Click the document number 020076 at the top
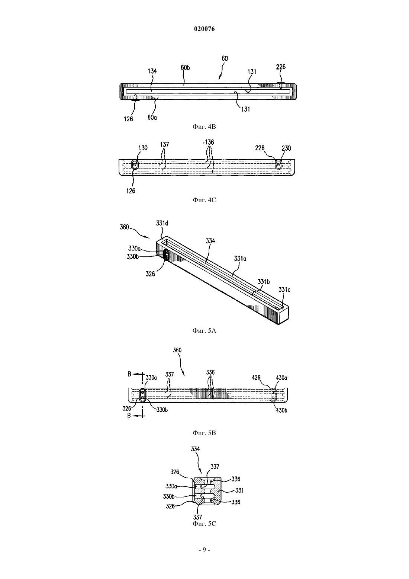[x=204, y=29]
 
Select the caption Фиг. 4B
[x=204, y=127]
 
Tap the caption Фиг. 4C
[x=204, y=200]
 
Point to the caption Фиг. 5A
[x=204, y=330]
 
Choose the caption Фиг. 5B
[x=204, y=433]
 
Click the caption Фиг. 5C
[x=204, y=524]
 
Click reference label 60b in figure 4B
[x=185, y=68]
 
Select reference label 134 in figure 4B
[x=152, y=71]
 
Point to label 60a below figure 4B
[x=152, y=117]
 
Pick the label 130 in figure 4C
[x=143, y=148]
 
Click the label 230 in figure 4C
[x=286, y=148]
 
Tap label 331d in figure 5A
[x=162, y=223]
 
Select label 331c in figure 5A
[x=284, y=289]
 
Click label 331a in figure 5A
[x=240, y=259]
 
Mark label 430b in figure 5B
[x=281, y=410]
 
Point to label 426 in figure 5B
[x=257, y=378]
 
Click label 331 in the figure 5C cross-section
[x=239, y=490]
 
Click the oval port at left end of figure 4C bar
[x=135, y=164]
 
